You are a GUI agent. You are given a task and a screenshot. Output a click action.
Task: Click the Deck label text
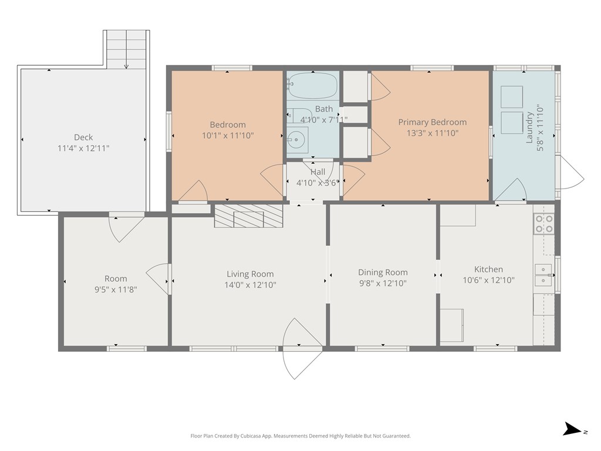83,137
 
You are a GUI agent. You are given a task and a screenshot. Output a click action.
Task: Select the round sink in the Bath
297,140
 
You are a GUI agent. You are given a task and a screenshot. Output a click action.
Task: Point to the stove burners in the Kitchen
544,224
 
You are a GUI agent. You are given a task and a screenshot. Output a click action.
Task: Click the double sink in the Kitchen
543,275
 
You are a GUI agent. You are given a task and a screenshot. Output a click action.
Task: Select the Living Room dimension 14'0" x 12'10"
250,285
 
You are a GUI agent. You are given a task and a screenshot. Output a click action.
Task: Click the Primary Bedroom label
433,122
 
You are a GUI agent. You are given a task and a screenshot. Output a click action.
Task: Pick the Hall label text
318,172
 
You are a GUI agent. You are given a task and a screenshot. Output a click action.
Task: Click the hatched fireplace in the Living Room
248,216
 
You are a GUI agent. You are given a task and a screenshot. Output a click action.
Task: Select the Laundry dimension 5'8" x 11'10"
540,127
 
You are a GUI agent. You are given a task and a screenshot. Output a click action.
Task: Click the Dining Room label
383,272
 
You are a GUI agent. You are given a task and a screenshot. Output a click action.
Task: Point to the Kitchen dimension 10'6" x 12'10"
488,280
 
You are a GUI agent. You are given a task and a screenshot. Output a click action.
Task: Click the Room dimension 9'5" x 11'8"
116,290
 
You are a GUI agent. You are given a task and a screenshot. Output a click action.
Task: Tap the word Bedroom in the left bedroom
228,124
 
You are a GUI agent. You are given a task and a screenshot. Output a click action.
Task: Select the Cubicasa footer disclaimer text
300,436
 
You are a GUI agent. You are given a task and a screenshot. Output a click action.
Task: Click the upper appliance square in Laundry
512,97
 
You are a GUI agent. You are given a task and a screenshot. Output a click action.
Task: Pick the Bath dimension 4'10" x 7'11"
324,120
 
